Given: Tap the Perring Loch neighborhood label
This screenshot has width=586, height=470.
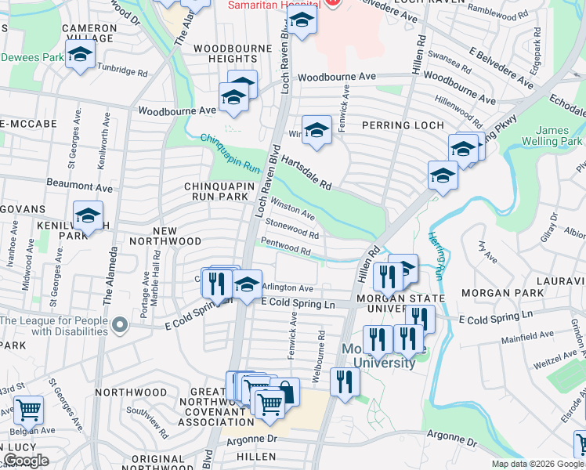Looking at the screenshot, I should [x=403, y=125].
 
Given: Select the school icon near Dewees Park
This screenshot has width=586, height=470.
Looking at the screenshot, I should [x=79, y=55].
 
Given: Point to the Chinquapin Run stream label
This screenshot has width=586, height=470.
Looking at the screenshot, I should [x=230, y=154].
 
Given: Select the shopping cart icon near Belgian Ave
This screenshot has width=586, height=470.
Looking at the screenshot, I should [x=27, y=408].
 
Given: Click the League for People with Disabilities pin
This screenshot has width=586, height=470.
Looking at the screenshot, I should [x=118, y=323].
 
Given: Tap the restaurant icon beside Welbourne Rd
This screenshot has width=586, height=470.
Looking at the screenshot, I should [x=344, y=381].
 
